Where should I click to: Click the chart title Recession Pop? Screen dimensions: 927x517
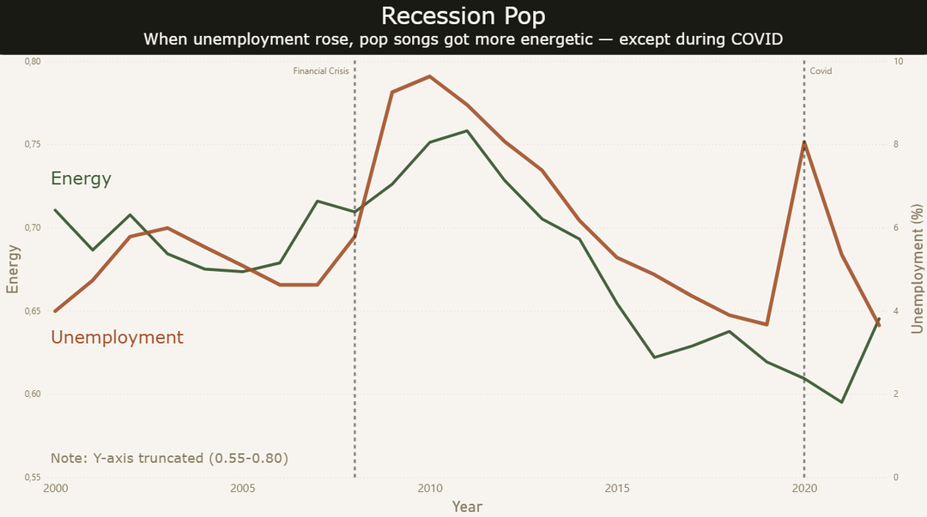[463, 16]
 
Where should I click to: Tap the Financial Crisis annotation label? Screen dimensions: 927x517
[321, 71]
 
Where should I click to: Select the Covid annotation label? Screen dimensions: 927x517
[821, 71]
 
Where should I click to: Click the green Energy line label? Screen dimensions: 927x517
[81, 178]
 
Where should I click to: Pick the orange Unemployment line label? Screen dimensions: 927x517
[117, 338]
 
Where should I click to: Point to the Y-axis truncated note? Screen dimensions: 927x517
[169, 458]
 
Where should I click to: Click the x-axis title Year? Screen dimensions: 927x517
[467, 507]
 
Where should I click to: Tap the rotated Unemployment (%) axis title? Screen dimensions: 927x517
[917, 269]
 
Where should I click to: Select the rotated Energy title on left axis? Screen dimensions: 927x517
[12, 269]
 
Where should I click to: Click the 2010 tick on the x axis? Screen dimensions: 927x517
[430, 488]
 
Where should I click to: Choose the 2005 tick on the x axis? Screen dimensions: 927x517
[242, 488]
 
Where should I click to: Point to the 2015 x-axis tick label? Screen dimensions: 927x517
[617, 488]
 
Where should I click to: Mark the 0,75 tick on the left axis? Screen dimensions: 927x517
[33, 144]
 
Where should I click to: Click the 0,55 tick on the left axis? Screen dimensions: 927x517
[33, 477]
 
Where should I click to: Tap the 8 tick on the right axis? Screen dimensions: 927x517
[895, 144]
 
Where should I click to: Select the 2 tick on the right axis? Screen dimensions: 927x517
[895, 394]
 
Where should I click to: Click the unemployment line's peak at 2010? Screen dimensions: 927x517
[430, 76]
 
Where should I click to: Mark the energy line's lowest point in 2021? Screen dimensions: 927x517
[841, 402]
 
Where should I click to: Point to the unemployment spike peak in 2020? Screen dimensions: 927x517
[804, 141]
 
